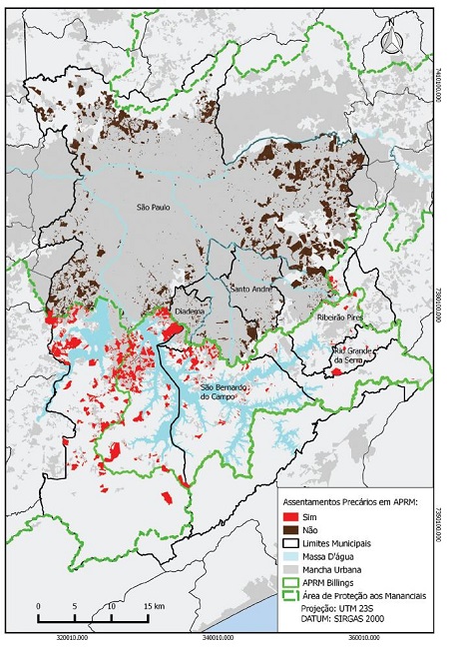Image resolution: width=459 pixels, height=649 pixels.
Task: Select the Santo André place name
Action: (250, 290)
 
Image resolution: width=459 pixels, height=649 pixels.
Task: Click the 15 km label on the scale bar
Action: (155, 607)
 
